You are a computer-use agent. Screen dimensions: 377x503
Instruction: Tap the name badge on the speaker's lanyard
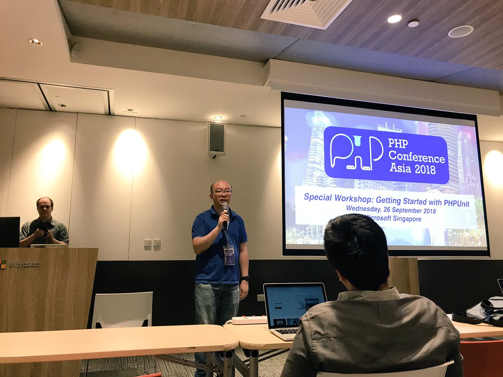coord(229,255)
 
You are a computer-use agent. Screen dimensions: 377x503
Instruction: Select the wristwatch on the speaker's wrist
coord(245,278)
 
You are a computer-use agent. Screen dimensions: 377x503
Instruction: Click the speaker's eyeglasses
coord(222,192)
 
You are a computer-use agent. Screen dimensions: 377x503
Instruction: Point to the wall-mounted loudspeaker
coord(216,139)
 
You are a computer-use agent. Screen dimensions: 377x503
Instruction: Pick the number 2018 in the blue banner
coord(423,170)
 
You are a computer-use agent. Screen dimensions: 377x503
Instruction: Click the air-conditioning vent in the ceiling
coord(306,12)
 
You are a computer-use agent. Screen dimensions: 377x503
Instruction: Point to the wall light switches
coord(152,243)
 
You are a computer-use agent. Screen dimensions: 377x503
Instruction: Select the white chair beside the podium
coord(122,310)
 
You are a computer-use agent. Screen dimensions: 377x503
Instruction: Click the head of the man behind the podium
coord(44,207)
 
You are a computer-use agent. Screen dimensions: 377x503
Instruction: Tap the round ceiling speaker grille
coord(460,31)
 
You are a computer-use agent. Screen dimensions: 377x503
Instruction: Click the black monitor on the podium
coord(9,232)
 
